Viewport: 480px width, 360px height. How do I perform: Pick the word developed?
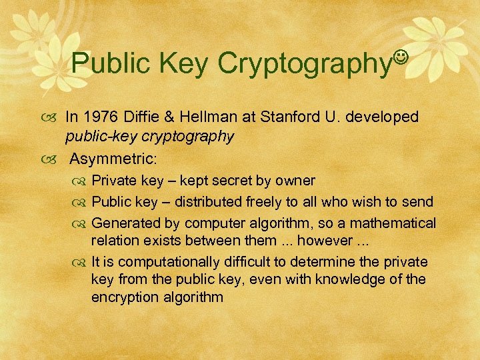[381, 117]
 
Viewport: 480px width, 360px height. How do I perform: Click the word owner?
[297, 181]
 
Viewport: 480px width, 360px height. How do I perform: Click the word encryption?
[123, 297]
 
